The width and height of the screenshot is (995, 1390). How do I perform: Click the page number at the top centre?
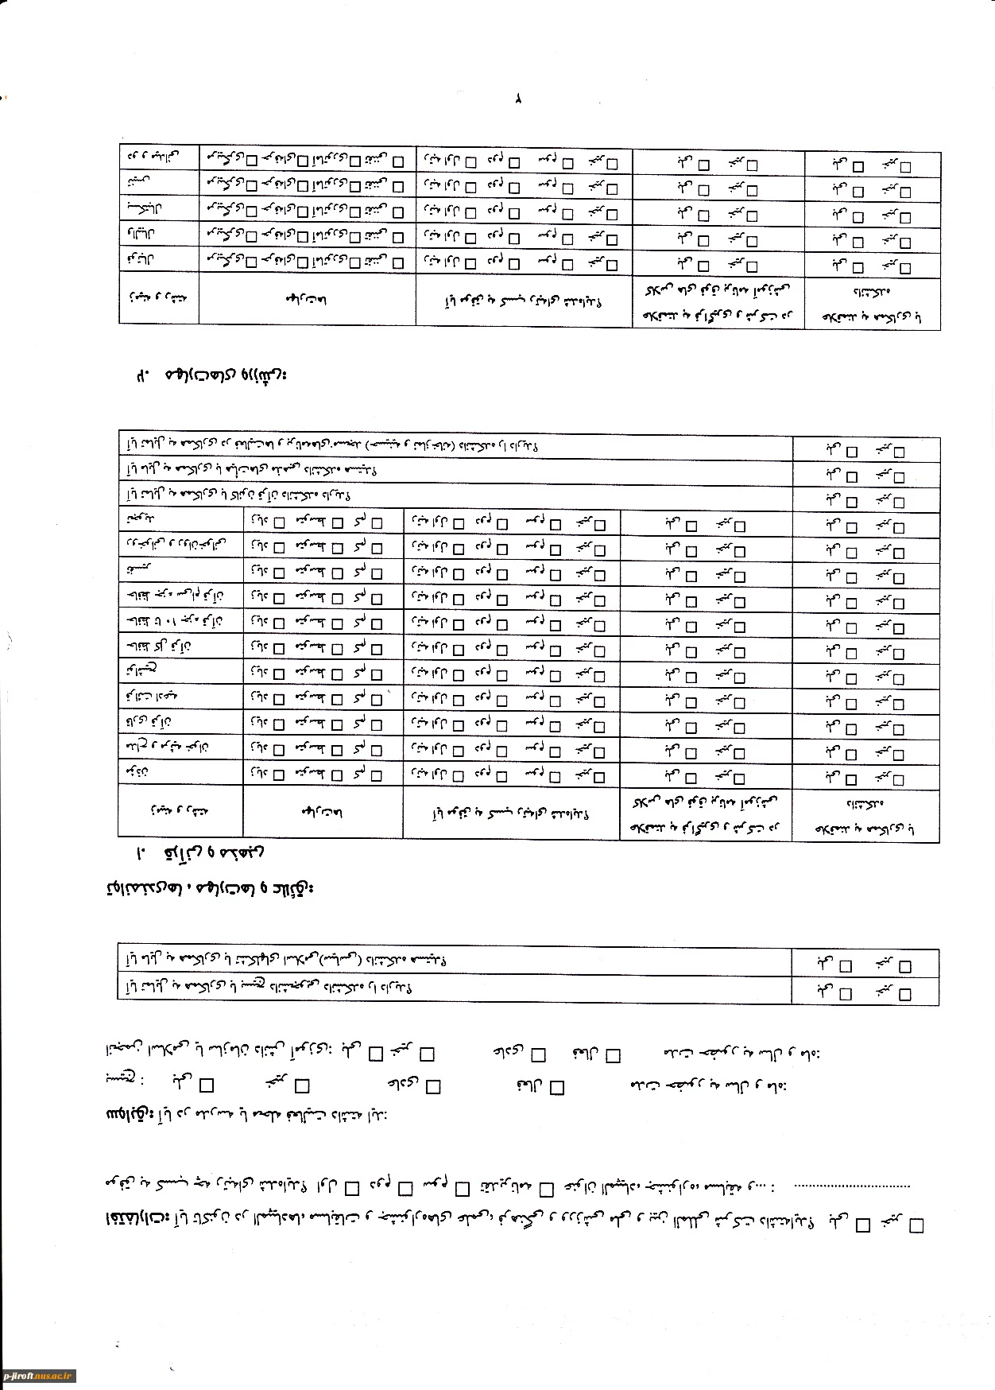point(517,100)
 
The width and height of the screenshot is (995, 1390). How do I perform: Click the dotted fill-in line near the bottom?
point(852,1186)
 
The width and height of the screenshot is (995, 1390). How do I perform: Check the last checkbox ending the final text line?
point(916,1225)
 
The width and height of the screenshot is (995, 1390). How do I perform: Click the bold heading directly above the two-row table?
point(210,887)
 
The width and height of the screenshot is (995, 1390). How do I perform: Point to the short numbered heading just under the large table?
point(201,853)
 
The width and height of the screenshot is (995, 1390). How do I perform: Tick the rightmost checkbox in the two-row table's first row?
point(904,967)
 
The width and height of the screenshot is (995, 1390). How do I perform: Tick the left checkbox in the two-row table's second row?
point(845,993)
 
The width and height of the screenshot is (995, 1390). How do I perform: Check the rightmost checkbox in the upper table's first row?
point(904,167)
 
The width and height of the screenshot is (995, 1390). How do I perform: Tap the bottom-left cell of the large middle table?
point(180,811)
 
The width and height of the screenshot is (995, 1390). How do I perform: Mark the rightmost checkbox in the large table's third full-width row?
point(899,501)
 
